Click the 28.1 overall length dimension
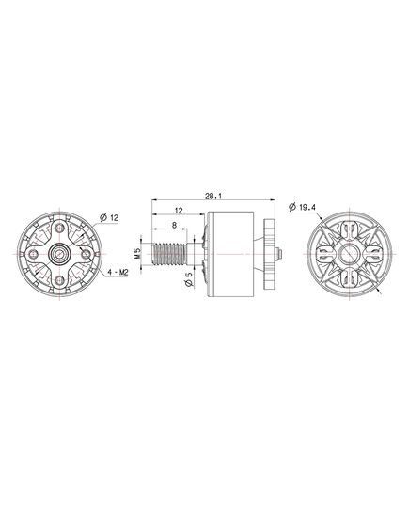(x=213, y=196)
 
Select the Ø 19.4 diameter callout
(x=302, y=207)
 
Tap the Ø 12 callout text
(x=109, y=218)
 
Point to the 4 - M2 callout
(x=118, y=273)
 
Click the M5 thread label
(x=137, y=254)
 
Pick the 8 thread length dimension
(x=174, y=225)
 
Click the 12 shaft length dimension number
(x=179, y=211)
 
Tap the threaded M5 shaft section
(x=169, y=254)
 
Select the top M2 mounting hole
(x=59, y=229)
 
